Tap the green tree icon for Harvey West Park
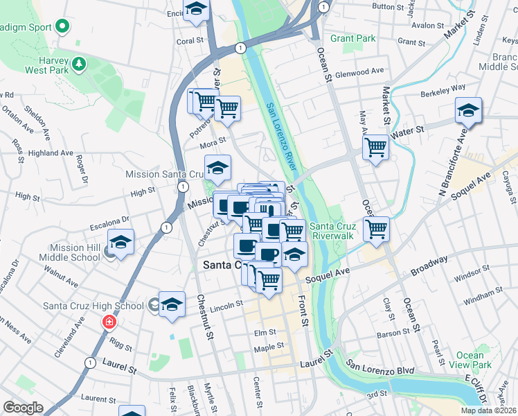[80, 64]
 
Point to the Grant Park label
[352, 38]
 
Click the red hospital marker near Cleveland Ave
[108, 322]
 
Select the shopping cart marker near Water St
[375, 147]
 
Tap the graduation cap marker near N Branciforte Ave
[468, 110]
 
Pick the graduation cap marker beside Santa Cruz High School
[172, 304]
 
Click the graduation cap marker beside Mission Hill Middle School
[120, 243]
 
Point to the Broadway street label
[430, 264]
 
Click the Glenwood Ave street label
[359, 71]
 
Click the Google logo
[23, 408]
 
